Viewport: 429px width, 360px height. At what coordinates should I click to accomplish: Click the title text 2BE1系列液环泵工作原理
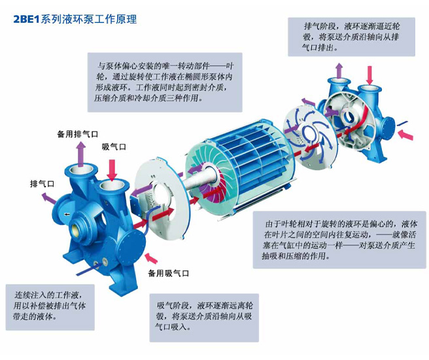[x=75, y=20]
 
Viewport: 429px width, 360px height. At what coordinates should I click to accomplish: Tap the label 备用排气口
[x=77, y=134]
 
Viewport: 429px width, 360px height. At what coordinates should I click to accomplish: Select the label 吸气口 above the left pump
[x=114, y=147]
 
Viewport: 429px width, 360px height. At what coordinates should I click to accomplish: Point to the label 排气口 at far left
[x=42, y=184]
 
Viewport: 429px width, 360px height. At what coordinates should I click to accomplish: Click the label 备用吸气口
[x=169, y=273]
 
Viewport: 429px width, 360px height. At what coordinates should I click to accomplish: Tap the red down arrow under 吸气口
[x=112, y=170]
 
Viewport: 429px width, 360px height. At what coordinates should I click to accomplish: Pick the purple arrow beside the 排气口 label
[x=48, y=198]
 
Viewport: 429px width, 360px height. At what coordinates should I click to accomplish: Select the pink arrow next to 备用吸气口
[x=151, y=258]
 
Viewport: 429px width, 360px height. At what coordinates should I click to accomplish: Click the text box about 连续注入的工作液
[x=50, y=307]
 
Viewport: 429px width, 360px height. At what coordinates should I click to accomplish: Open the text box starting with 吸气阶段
[x=204, y=317]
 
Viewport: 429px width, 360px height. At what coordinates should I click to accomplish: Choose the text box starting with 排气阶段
[x=351, y=37]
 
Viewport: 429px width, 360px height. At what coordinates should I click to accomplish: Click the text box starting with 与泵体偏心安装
[x=165, y=82]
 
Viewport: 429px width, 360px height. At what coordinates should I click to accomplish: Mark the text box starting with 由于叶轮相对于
[x=339, y=240]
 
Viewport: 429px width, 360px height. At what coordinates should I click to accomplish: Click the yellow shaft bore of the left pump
[x=75, y=228]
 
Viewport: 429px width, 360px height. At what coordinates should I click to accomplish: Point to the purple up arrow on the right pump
[x=339, y=71]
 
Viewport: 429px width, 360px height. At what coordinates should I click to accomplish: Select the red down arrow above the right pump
[x=369, y=75]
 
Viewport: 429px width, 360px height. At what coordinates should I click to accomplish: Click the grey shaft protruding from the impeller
[x=196, y=181]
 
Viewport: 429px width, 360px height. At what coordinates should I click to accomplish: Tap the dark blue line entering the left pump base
[x=88, y=270]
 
